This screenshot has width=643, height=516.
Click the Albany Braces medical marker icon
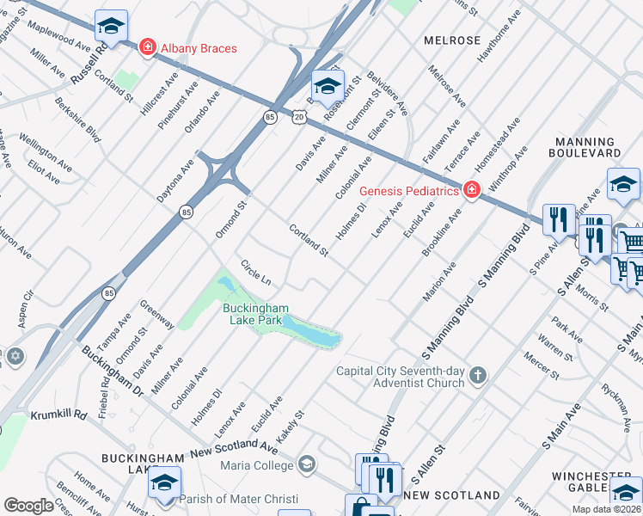click(148, 46)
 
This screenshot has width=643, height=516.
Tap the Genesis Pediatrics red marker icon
click(471, 190)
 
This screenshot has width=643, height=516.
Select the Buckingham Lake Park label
click(255, 314)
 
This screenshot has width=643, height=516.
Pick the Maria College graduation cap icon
click(306, 466)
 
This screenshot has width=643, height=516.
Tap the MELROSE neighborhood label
click(452, 40)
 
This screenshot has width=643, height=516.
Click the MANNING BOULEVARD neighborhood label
click(588, 146)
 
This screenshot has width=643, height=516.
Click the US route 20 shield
click(297, 116)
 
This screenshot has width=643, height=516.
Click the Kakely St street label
click(292, 421)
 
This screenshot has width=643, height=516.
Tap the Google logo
click(28, 506)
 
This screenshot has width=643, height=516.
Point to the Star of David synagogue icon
click(15, 355)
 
